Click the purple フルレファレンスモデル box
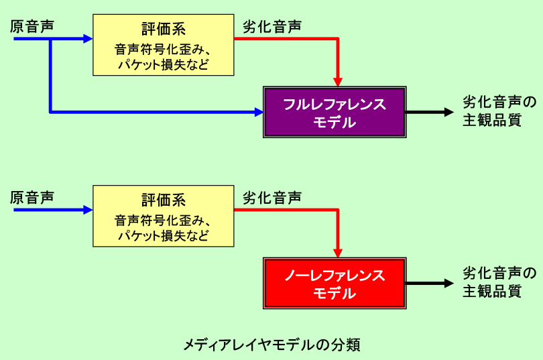click(334, 113)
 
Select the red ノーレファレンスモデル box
click(334, 284)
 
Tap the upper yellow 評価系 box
click(163, 45)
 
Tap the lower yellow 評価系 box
click(163, 217)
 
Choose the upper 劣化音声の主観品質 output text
click(499, 111)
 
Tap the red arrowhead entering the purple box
click(338, 80)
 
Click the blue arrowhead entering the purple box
click(257, 112)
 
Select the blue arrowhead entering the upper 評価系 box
click(87, 39)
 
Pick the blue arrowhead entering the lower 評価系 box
click(87, 210)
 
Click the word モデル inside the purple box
click(334, 122)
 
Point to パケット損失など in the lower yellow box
click(163, 235)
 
